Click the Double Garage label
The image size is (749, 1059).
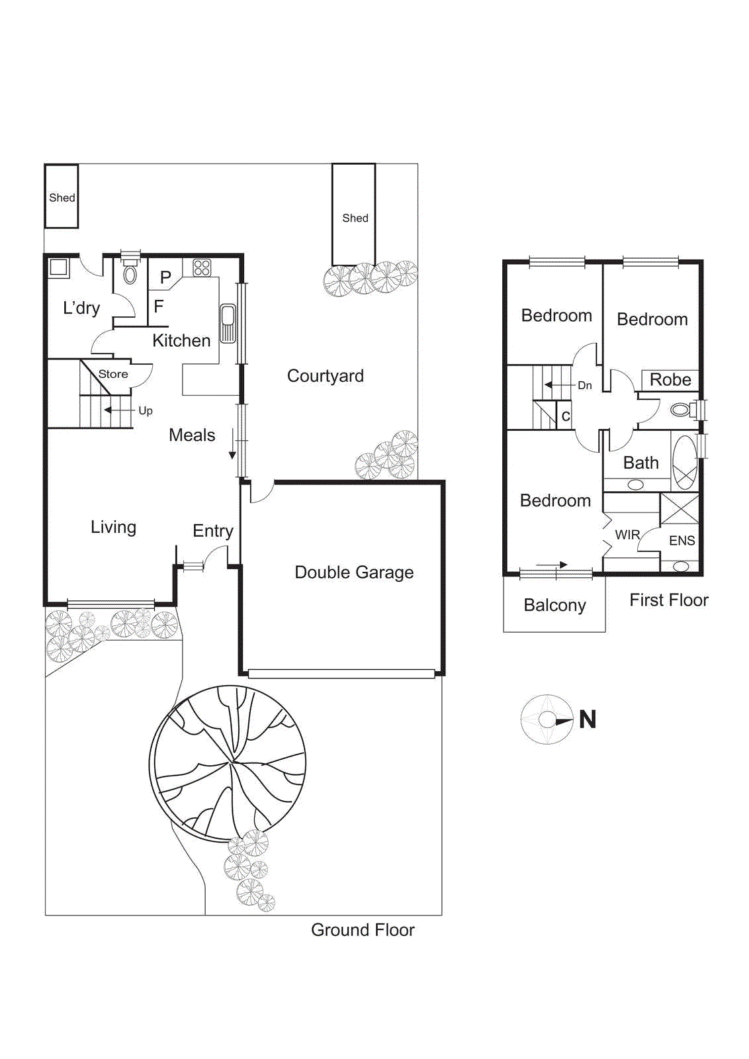(354, 573)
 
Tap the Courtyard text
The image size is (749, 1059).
(325, 376)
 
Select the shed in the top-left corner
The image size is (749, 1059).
(62, 197)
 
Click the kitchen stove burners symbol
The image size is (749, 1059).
(202, 268)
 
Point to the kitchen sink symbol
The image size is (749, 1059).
(228, 324)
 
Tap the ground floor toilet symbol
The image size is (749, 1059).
(130, 274)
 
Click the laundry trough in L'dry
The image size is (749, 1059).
(58, 268)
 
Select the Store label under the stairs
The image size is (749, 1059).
(113, 374)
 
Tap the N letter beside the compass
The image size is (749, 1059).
(588, 719)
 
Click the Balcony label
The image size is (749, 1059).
(554, 605)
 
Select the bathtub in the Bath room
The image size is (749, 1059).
(685, 461)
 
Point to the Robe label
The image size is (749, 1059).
(670, 380)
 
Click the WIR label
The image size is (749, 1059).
(627, 535)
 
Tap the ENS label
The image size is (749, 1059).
(682, 541)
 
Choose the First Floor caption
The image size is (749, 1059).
(668, 600)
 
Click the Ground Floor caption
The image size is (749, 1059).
(363, 930)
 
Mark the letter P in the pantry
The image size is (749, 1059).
(165, 278)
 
